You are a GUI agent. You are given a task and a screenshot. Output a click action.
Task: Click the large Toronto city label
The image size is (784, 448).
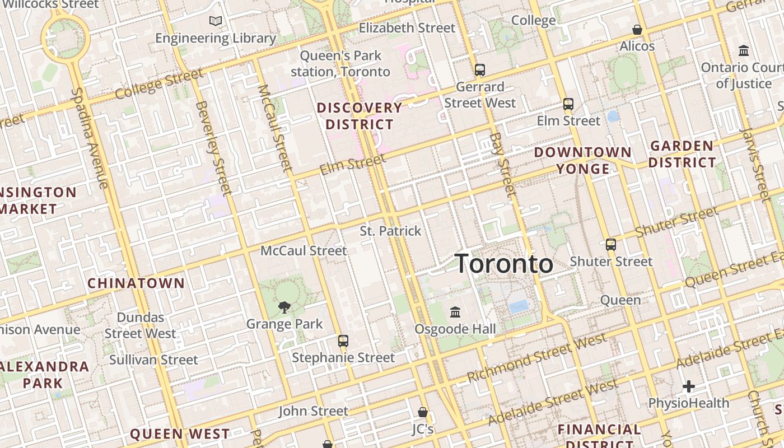point(504,264)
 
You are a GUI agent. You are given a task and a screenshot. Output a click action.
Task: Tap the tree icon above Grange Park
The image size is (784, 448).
point(284,307)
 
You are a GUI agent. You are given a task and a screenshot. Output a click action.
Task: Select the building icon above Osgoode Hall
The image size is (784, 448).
point(455,311)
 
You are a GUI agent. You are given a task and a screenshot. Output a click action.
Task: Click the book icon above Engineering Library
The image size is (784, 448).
point(216,21)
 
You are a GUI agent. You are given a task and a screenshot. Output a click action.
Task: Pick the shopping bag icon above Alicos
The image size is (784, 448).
point(637,29)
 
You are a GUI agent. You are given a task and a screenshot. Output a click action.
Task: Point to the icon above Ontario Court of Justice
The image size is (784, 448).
point(744,50)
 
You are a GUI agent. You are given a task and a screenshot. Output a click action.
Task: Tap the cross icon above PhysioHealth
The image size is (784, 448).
point(689,386)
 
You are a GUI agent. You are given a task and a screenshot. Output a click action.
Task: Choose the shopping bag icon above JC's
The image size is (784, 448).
point(423,412)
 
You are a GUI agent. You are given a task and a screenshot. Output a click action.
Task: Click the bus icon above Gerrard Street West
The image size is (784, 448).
point(480,70)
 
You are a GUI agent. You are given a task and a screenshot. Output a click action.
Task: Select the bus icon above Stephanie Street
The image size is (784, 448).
point(343,340)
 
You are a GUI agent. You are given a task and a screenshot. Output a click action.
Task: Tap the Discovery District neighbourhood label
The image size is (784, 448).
point(360,116)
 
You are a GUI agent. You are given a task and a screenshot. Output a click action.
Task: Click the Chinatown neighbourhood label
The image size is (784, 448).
point(136,283)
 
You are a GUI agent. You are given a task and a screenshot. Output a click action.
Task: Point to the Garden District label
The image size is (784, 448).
point(682,155)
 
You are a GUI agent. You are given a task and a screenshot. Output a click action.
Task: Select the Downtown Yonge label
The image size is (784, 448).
point(582,160)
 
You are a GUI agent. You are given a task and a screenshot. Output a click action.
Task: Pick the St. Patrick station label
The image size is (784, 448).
point(390,231)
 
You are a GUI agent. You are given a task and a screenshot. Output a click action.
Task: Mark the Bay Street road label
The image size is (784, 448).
point(502,165)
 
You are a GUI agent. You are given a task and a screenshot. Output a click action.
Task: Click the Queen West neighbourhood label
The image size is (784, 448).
point(180,434)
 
